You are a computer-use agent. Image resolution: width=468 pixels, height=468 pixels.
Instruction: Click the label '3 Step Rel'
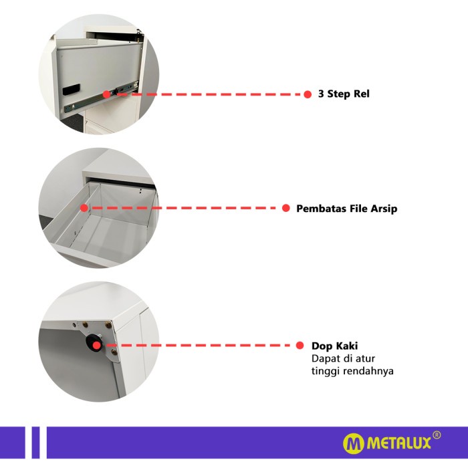344,94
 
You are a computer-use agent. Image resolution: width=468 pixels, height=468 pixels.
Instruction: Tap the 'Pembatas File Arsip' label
346,209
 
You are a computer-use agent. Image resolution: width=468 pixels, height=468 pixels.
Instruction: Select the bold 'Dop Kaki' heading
334,346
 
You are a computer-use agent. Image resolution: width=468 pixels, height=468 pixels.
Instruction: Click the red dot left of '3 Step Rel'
308,94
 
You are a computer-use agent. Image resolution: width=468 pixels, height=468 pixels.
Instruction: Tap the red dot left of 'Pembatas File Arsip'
285,208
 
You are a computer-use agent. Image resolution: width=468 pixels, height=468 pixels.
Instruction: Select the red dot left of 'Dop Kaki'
300,346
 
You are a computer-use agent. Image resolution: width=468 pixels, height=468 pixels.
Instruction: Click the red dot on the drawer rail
106,94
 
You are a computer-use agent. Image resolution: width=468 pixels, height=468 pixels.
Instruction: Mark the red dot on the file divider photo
84,208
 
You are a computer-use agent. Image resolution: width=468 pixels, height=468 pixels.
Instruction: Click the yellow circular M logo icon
354,443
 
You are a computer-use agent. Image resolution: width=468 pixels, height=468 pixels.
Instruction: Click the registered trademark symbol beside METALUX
437,435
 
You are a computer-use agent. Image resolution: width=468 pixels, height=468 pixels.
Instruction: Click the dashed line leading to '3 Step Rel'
207,94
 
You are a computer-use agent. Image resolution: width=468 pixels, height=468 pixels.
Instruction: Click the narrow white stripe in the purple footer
27,443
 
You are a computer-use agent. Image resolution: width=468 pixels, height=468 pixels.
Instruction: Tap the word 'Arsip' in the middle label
384,209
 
